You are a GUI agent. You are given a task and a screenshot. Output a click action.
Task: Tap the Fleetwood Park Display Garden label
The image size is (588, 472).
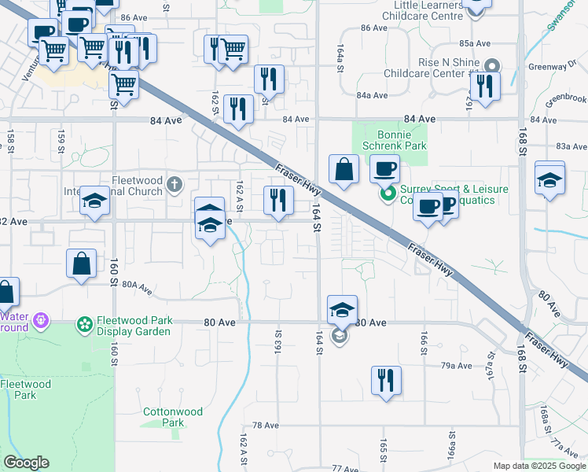(x=134, y=326)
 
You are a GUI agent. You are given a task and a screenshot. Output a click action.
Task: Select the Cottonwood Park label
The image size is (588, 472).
(x=173, y=417)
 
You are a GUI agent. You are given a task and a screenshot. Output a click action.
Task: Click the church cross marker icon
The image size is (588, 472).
(x=175, y=186)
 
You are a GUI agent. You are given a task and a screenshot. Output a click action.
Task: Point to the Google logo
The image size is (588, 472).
(x=26, y=463)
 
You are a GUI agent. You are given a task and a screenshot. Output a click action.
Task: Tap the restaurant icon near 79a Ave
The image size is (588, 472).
(x=386, y=380)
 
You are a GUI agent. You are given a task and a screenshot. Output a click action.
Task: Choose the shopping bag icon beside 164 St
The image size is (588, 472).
(x=344, y=169)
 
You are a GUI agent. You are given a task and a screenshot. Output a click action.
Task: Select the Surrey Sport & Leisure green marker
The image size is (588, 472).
(x=387, y=194)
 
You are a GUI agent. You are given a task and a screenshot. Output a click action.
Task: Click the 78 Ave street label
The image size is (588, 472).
(x=266, y=425)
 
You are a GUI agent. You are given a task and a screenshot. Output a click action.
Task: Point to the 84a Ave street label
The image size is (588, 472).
(x=372, y=95)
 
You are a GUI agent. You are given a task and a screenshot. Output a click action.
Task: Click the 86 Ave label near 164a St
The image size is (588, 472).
(x=374, y=28)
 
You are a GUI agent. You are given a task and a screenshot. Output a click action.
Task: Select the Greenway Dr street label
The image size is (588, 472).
(x=564, y=66)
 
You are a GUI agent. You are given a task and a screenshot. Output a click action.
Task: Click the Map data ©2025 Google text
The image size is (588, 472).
(x=538, y=466)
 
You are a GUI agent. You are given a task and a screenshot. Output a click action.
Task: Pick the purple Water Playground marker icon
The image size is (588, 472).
(x=41, y=320)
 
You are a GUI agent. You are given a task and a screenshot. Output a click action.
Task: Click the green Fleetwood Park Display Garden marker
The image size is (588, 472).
(x=83, y=323)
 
